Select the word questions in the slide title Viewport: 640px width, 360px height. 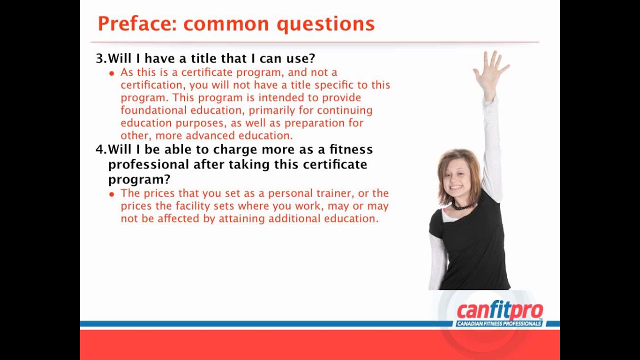(x=325, y=24)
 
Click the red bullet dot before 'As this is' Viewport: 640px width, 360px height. (x=111, y=73)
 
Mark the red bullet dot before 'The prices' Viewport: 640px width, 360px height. (x=111, y=194)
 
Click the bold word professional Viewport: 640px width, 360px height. (x=148, y=164)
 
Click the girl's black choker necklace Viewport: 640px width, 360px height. (x=461, y=205)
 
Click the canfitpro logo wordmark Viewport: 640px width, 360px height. (x=499, y=310)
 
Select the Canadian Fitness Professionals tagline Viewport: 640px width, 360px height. (x=499, y=324)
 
